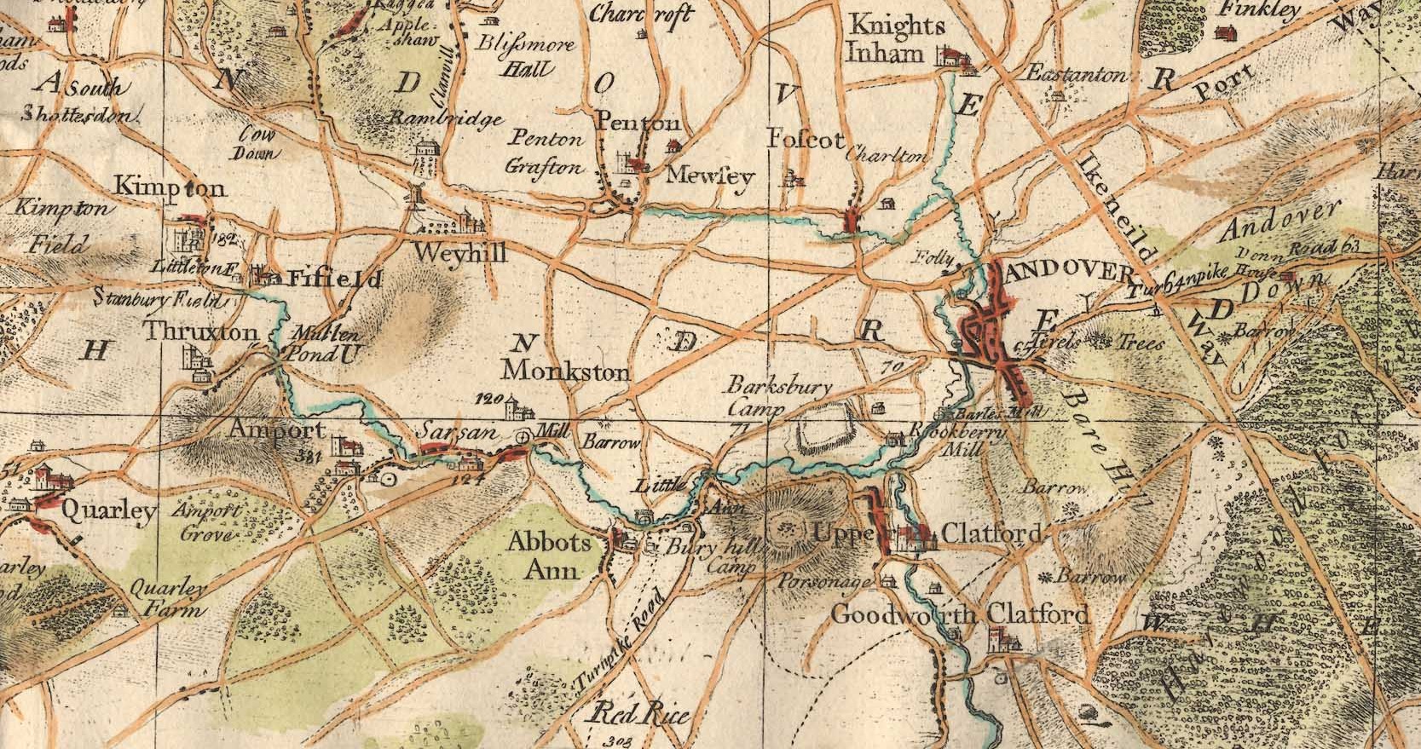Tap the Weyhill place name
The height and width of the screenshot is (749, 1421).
tap(459, 253)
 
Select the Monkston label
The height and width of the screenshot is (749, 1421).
tap(565, 372)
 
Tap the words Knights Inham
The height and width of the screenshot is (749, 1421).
tap(885, 39)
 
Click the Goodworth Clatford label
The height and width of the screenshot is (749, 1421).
tap(959, 614)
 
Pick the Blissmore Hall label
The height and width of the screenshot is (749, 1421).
tap(526, 55)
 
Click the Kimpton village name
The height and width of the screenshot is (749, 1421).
tap(170, 187)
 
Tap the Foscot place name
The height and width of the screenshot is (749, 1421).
tap(805, 140)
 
